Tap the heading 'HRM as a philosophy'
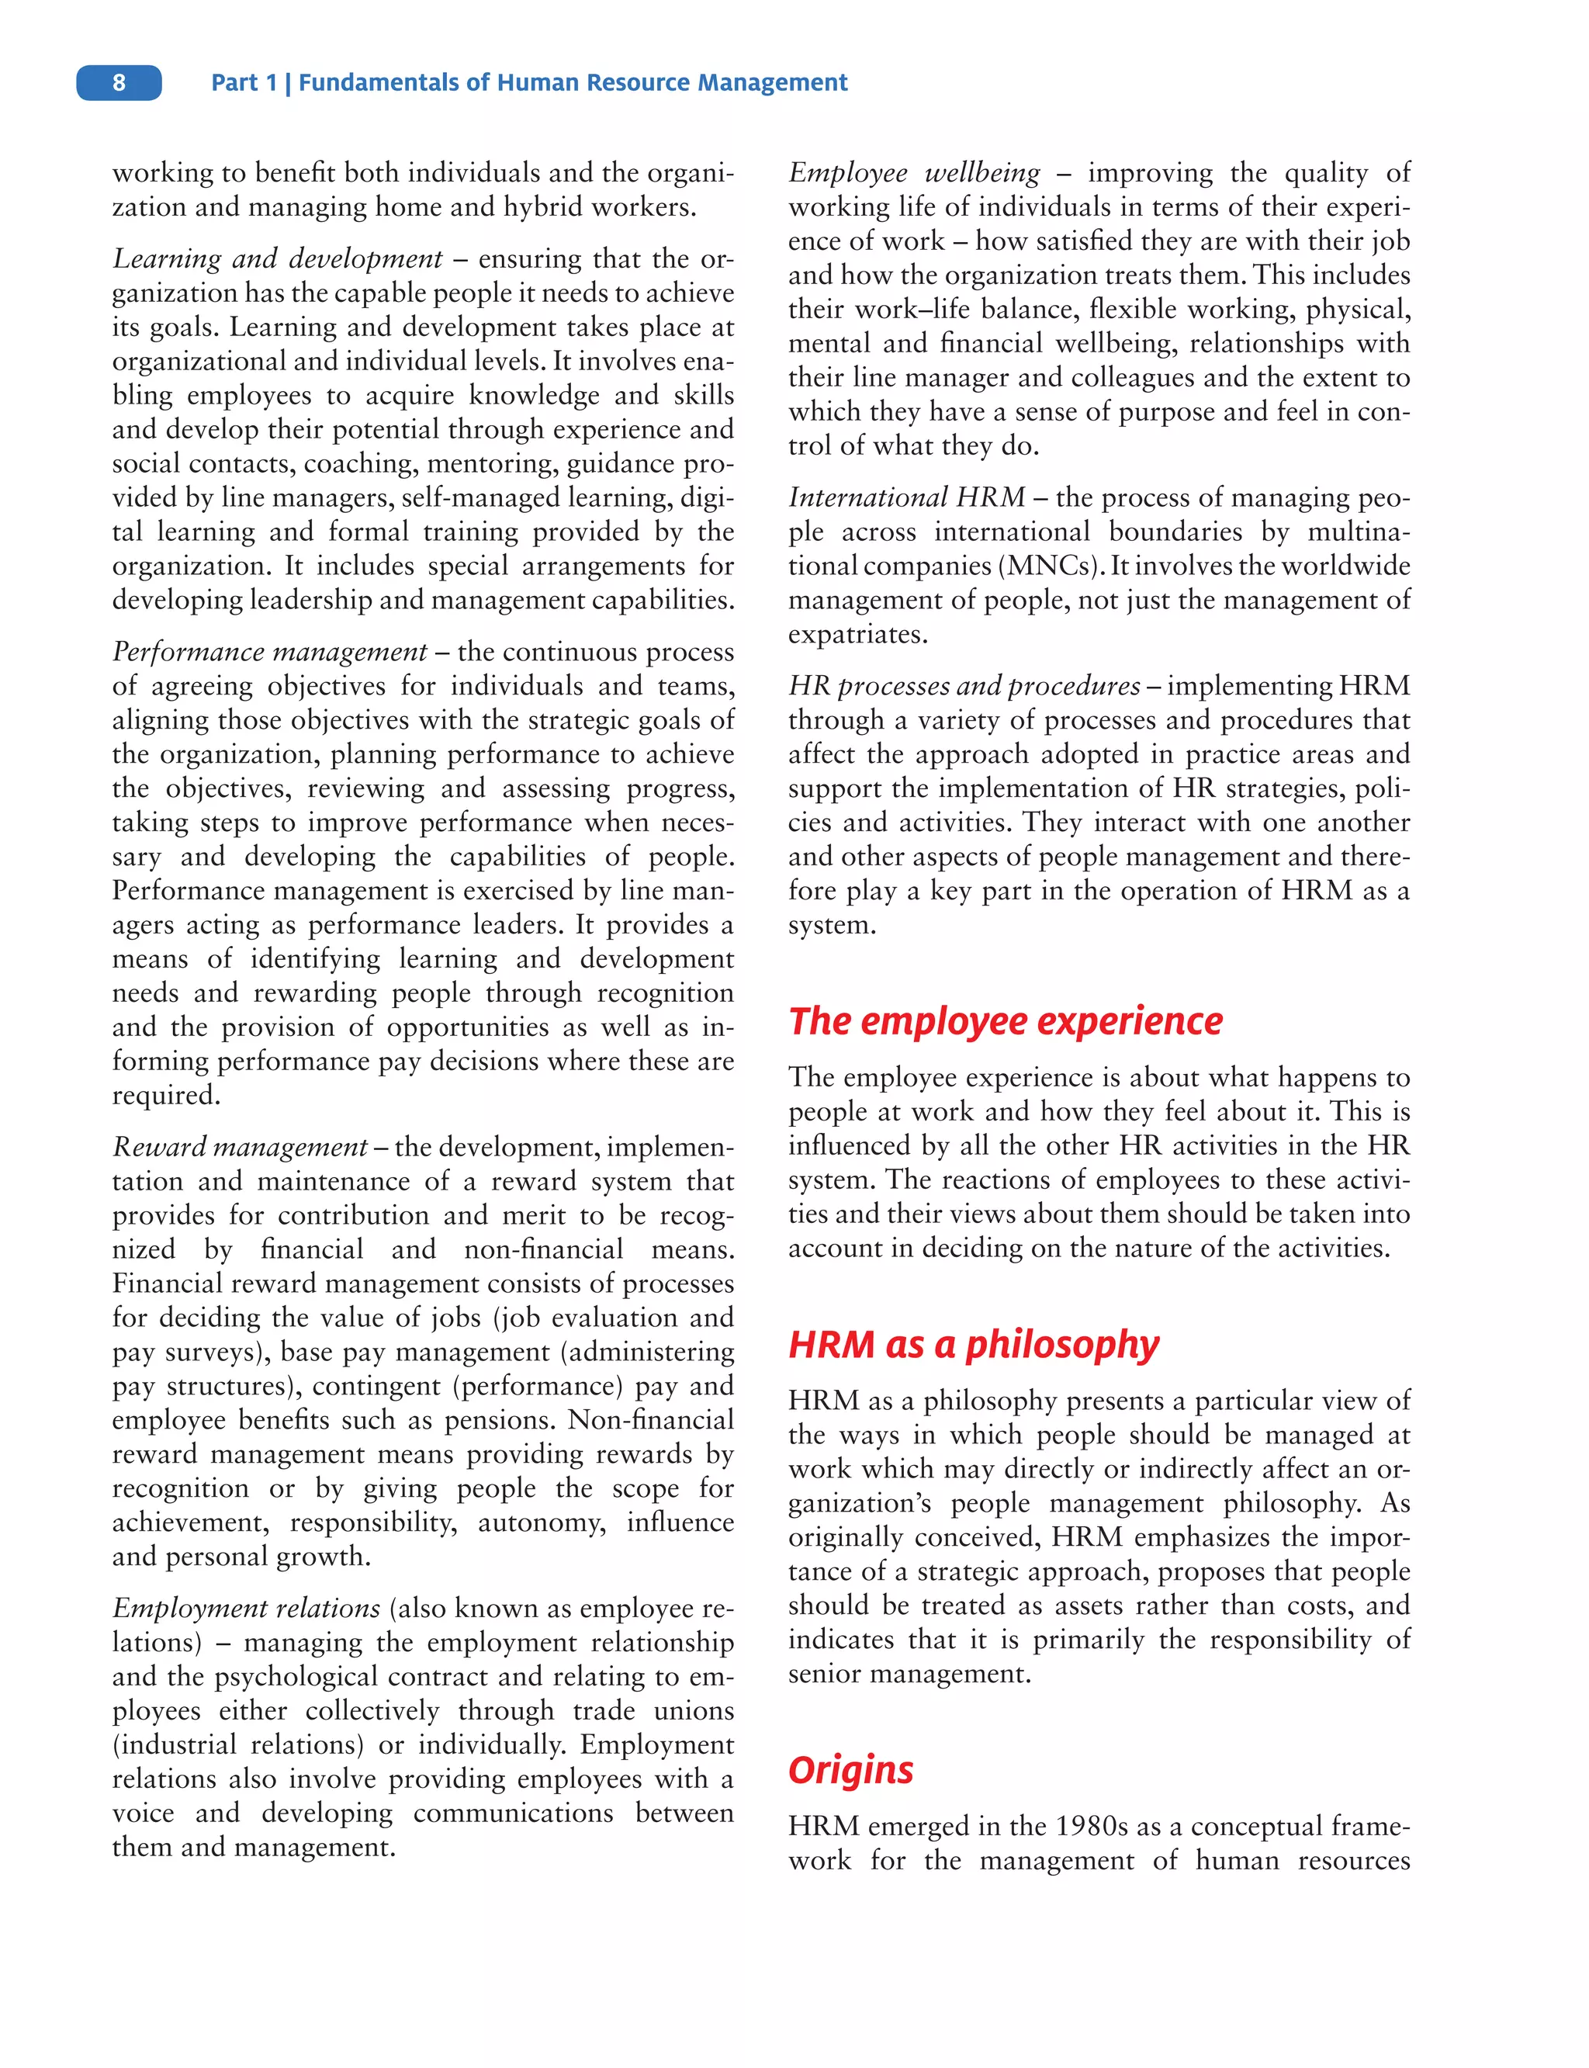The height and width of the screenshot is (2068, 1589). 973,1343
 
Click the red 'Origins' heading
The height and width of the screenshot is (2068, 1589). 850,1769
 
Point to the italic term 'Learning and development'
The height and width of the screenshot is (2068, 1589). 277,258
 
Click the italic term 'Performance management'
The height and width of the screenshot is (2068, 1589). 269,652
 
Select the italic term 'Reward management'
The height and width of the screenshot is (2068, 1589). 239,1147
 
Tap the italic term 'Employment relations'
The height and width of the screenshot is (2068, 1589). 246,1609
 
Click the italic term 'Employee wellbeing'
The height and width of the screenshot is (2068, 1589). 914,173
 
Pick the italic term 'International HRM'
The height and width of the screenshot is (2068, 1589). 906,497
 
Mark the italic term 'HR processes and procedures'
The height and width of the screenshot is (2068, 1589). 964,686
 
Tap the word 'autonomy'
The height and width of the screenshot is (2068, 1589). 541,1522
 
